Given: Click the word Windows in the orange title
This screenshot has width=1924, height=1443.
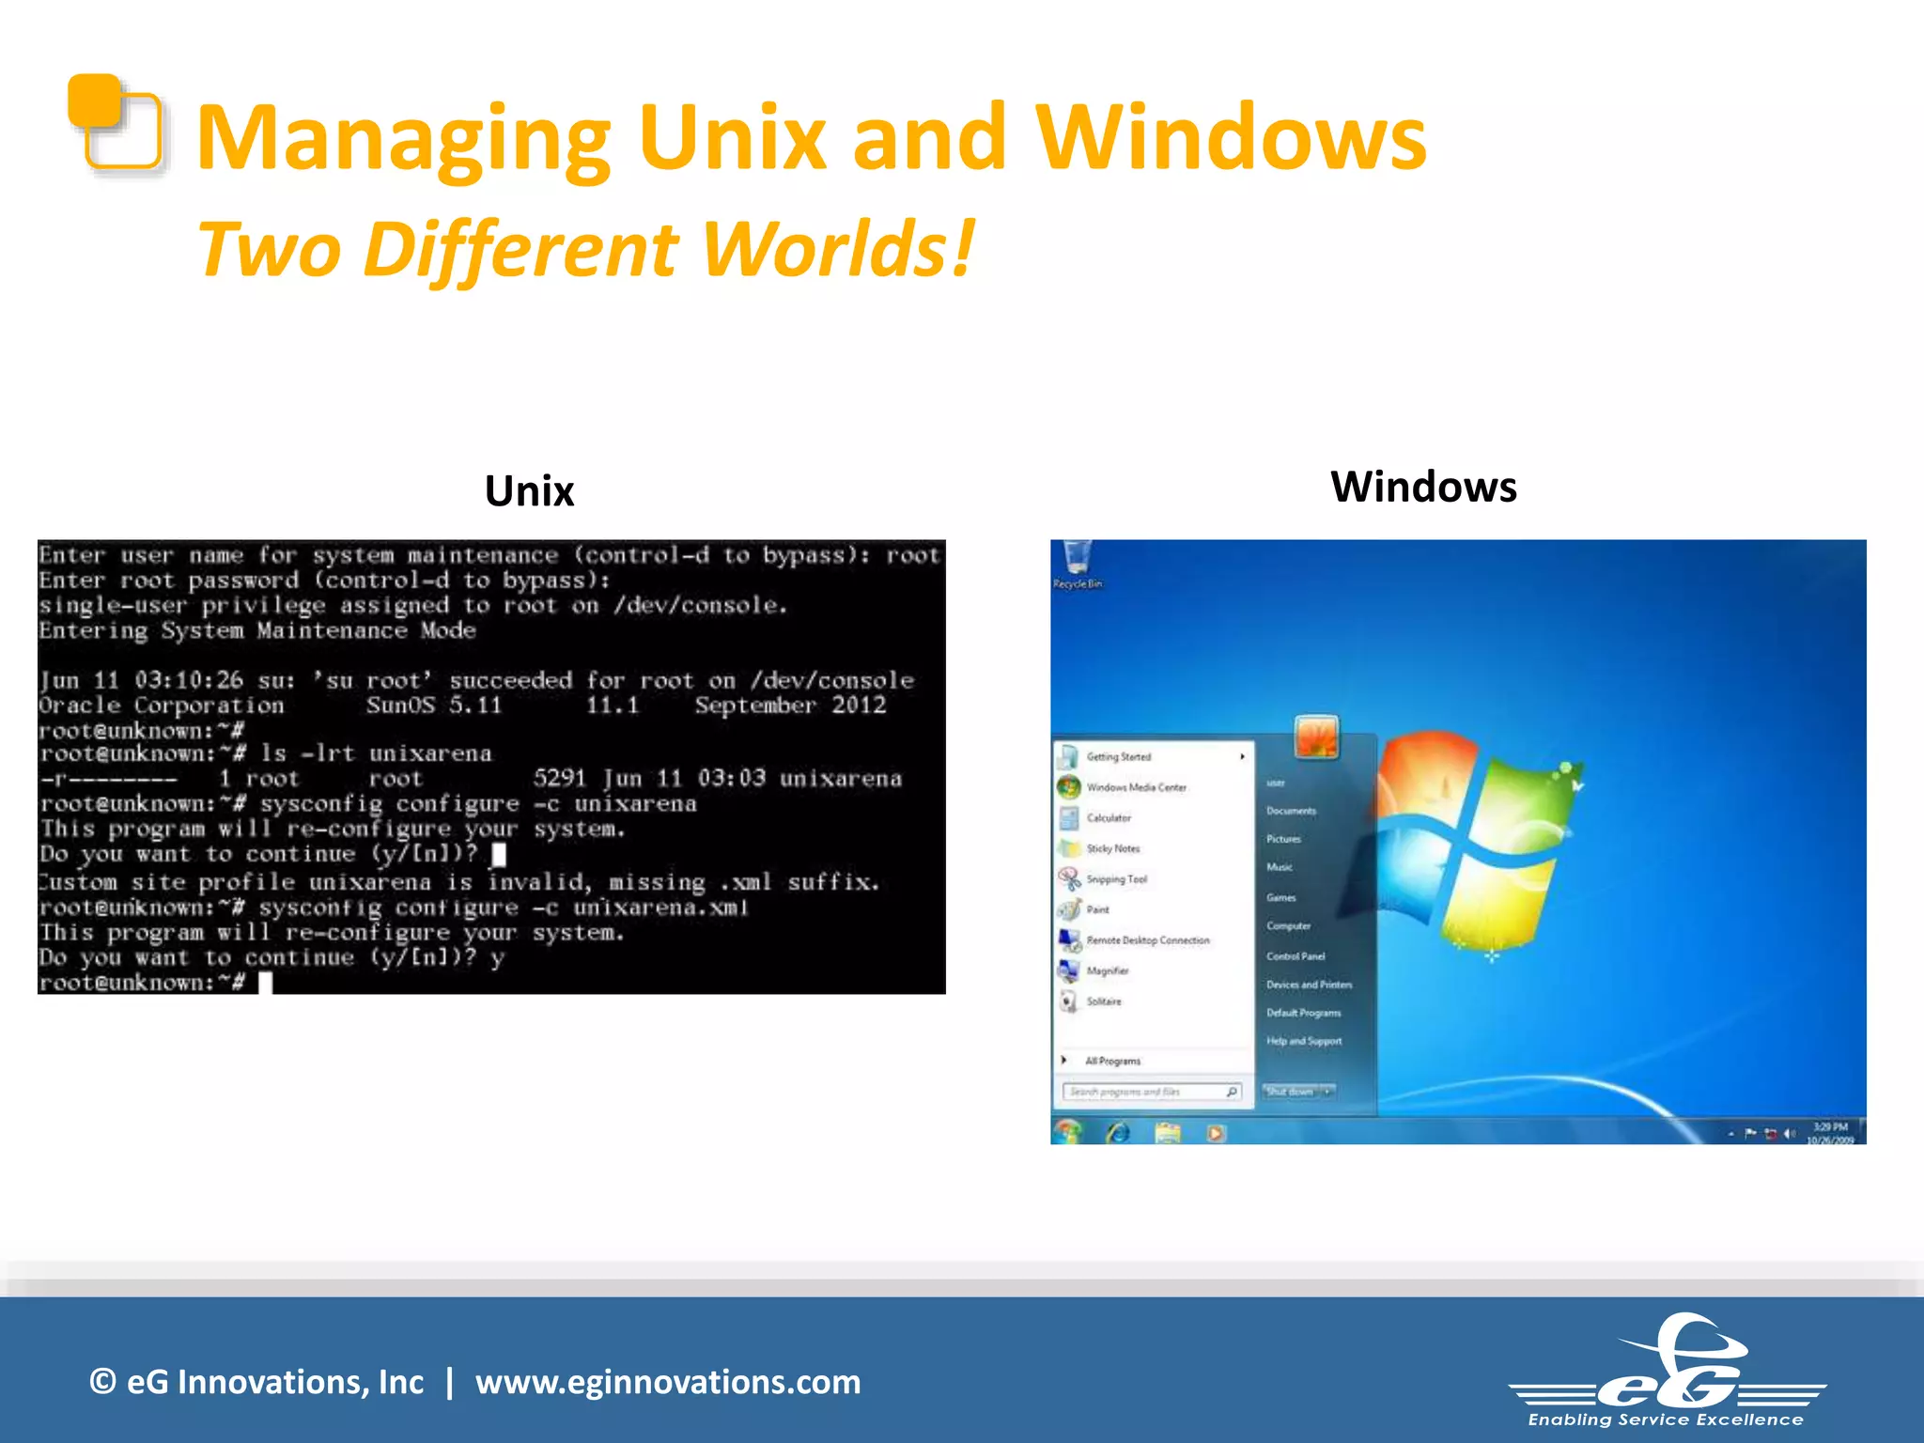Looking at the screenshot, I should coord(1230,139).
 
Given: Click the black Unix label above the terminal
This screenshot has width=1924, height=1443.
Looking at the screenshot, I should coord(529,491).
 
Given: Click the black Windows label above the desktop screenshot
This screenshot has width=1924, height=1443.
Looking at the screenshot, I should coord(1422,488).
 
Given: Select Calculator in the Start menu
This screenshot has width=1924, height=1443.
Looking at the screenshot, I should coord(1109,818).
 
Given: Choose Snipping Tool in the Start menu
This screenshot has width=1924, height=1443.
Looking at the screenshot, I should coord(1116,879).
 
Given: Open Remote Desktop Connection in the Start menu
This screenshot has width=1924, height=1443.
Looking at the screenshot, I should coord(1147,940).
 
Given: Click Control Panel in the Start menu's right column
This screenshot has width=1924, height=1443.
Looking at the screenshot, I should coord(1295,956).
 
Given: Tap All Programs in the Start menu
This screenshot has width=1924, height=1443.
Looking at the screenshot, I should coord(1112,1061).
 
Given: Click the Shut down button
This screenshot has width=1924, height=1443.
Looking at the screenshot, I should coord(1290,1092).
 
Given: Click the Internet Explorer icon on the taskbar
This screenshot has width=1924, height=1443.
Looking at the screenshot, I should coord(1118,1133).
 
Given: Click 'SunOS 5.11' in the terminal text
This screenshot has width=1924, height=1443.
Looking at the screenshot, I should coord(434,706).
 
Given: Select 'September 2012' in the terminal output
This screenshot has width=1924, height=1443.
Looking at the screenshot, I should coord(790,706).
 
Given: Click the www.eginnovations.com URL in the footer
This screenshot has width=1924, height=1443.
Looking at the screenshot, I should coord(667,1382).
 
